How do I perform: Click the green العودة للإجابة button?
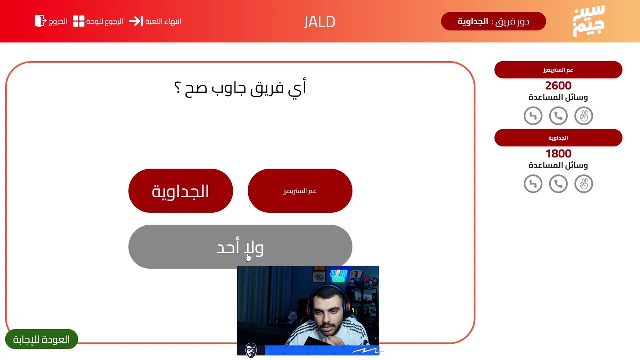41,339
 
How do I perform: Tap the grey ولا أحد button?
240,247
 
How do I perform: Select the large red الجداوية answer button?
181,191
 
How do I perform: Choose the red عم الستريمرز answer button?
300,191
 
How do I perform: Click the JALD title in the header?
319,22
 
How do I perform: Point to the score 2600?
558,85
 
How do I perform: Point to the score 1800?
558,153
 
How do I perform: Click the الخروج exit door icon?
40,21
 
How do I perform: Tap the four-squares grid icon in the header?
79,21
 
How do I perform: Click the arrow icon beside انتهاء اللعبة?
136,21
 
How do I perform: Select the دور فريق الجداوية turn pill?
493,21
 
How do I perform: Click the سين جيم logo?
589,21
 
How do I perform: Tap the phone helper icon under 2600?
558,116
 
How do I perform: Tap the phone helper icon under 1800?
558,184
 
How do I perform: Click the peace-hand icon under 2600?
583,116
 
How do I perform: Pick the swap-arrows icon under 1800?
533,184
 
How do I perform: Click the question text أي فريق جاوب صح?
240,87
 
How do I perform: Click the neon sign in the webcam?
338,275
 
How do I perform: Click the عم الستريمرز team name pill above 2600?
558,70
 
